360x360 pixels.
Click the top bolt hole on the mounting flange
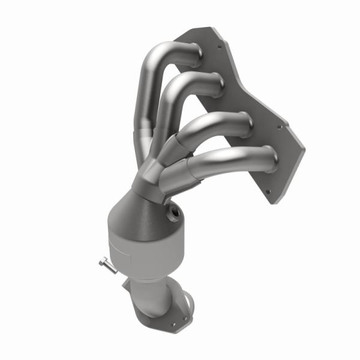pos(220,46)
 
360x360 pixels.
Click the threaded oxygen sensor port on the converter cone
pos(176,211)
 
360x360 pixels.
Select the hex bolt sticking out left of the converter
pos(106,263)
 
